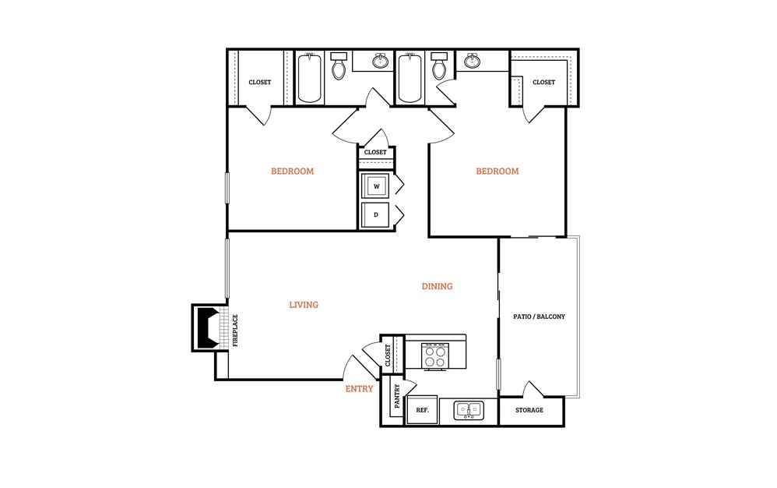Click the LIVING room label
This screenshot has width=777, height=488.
tap(304, 305)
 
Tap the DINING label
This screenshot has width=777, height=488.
tap(437, 286)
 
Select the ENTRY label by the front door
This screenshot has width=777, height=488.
tap(359, 389)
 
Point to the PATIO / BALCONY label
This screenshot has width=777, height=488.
tap(539, 316)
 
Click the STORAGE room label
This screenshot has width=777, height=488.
tap(529, 410)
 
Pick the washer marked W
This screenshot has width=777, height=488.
tap(376, 186)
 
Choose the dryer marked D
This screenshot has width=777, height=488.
tap(375, 214)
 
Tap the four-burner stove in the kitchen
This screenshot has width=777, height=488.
tap(435, 356)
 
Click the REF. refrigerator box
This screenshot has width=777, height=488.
tap(422, 410)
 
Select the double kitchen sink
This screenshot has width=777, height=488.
tap(469, 411)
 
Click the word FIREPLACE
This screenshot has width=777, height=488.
tap(235, 331)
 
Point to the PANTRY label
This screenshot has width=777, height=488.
tap(397, 396)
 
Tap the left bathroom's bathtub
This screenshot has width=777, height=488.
tap(310, 78)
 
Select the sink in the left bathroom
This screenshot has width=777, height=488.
tap(381, 61)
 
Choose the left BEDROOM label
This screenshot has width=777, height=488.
tap(293, 171)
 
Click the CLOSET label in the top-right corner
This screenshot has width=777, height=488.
tap(543, 83)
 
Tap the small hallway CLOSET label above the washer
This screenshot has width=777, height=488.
tap(375, 152)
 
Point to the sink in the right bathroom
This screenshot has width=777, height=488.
tap(472, 61)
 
